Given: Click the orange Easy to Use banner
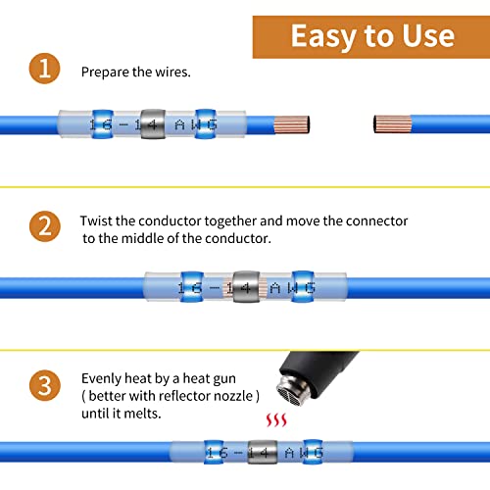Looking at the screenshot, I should [x=371, y=36].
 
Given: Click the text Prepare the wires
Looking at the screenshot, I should [x=136, y=72].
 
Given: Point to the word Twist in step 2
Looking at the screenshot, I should [x=98, y=221].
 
